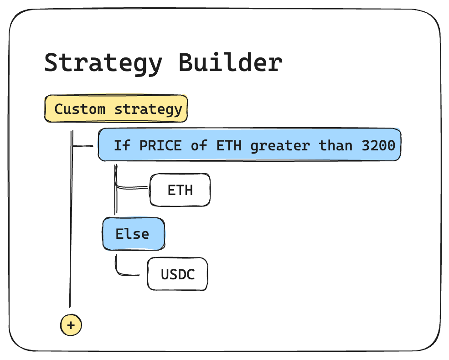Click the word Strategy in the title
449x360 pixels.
point(103,63)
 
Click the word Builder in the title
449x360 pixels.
point(231,62)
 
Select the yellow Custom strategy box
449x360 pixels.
point(116,109)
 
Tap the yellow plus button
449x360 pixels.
point(71,325)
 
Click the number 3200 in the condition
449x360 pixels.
point(378,145)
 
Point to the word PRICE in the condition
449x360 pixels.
point(160,145)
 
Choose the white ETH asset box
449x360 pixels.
point(180,190)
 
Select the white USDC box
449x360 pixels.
point(177,274)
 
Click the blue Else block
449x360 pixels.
point(134,234)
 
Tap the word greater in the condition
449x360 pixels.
point(280,146)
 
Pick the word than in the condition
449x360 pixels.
point(335,145)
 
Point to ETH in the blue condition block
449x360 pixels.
point(229,145)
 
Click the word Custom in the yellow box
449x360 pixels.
point(80,109)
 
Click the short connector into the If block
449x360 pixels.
point(83,146)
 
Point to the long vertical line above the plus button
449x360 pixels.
point(71,219)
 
